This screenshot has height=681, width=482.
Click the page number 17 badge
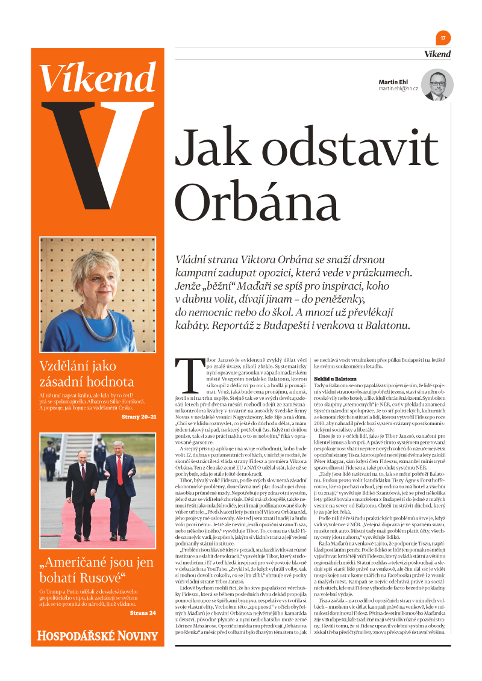443,38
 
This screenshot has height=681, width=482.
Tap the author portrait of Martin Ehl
437,85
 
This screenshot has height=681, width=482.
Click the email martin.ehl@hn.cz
398,89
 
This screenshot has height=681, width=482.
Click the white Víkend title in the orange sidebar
98,78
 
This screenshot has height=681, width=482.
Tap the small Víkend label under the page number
437,54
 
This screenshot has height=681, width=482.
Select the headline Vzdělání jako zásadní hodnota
87,373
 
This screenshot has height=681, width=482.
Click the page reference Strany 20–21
139,417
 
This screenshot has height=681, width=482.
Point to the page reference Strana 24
143,613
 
